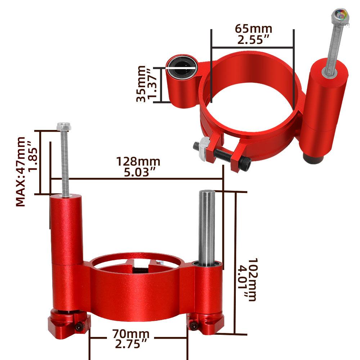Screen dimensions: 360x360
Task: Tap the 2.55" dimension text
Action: click(x=253, y=40)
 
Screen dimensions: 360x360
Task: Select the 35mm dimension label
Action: click(x=141, y=84)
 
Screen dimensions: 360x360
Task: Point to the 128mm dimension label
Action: click(x=138, y=162)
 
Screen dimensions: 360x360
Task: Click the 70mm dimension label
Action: click(x=131, y=334)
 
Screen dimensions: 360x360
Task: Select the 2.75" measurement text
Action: click(x=131, y=345)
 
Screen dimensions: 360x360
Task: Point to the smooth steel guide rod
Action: click(x=207, y=227)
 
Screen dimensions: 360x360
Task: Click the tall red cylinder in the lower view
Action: click(x=66, y=230)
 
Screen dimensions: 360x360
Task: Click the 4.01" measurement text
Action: click(x=242, y=279)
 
